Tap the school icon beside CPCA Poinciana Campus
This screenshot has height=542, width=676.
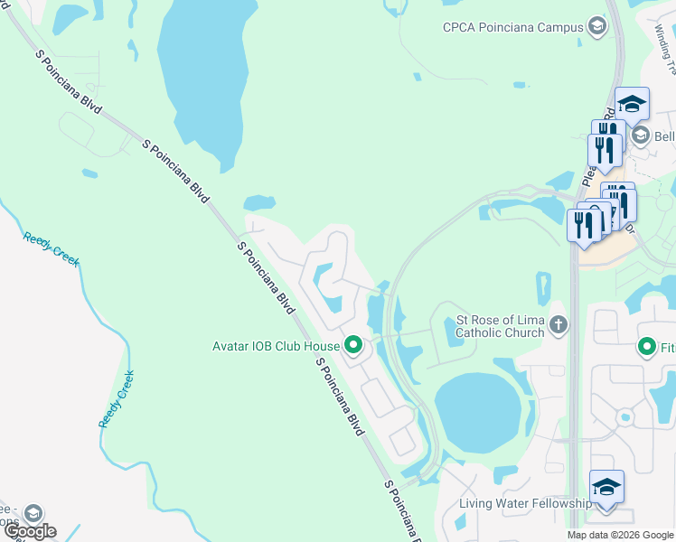point(596,27)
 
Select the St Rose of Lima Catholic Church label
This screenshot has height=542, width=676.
point(501,326)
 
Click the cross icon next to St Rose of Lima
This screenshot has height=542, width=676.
point(559,324)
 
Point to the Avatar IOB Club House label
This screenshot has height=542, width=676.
point(276,345)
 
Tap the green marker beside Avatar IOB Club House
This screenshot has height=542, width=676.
point(353,345)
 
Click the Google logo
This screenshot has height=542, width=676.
point(31,531)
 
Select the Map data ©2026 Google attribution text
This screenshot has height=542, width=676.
point(621,535)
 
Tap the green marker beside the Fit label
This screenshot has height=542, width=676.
point(646,346)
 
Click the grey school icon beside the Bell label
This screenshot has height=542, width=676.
point(641,135)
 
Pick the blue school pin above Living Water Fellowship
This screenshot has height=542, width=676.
point(606,488)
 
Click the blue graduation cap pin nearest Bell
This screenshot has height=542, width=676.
point(632,104)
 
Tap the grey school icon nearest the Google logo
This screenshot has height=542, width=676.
point(33,512)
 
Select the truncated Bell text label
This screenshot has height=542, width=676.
point(664,136)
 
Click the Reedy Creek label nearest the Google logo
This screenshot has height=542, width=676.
point(117,398)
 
